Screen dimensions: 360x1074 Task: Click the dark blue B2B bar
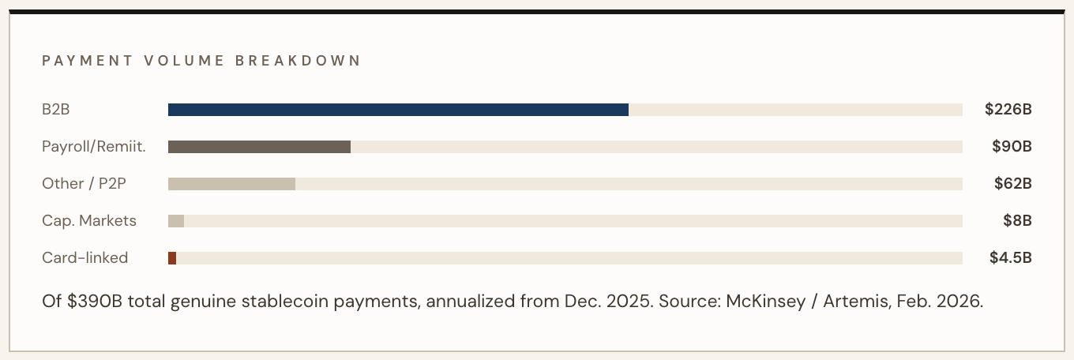point(398,110)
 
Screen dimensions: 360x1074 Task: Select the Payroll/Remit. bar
point(259,147)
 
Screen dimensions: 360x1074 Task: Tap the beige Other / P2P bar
point(231,184)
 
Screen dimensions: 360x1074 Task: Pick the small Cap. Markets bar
point(176,221)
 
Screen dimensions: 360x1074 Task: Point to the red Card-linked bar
point(172,258)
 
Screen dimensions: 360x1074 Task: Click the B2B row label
point(56,110)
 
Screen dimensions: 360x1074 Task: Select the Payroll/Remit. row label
point(94,147)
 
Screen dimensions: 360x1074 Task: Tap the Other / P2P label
point(84,184)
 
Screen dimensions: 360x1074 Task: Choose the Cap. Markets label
point(89,221)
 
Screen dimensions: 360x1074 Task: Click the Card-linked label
point(85,258)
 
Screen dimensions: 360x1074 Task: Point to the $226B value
point(1008,110)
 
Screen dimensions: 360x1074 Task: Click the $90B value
point(1012,147)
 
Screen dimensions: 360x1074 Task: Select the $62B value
point(1013,184)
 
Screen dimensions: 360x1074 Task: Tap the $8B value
point(1017,221)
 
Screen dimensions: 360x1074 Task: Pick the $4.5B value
point(1011,258)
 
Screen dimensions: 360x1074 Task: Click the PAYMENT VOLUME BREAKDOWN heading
point(201,61)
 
